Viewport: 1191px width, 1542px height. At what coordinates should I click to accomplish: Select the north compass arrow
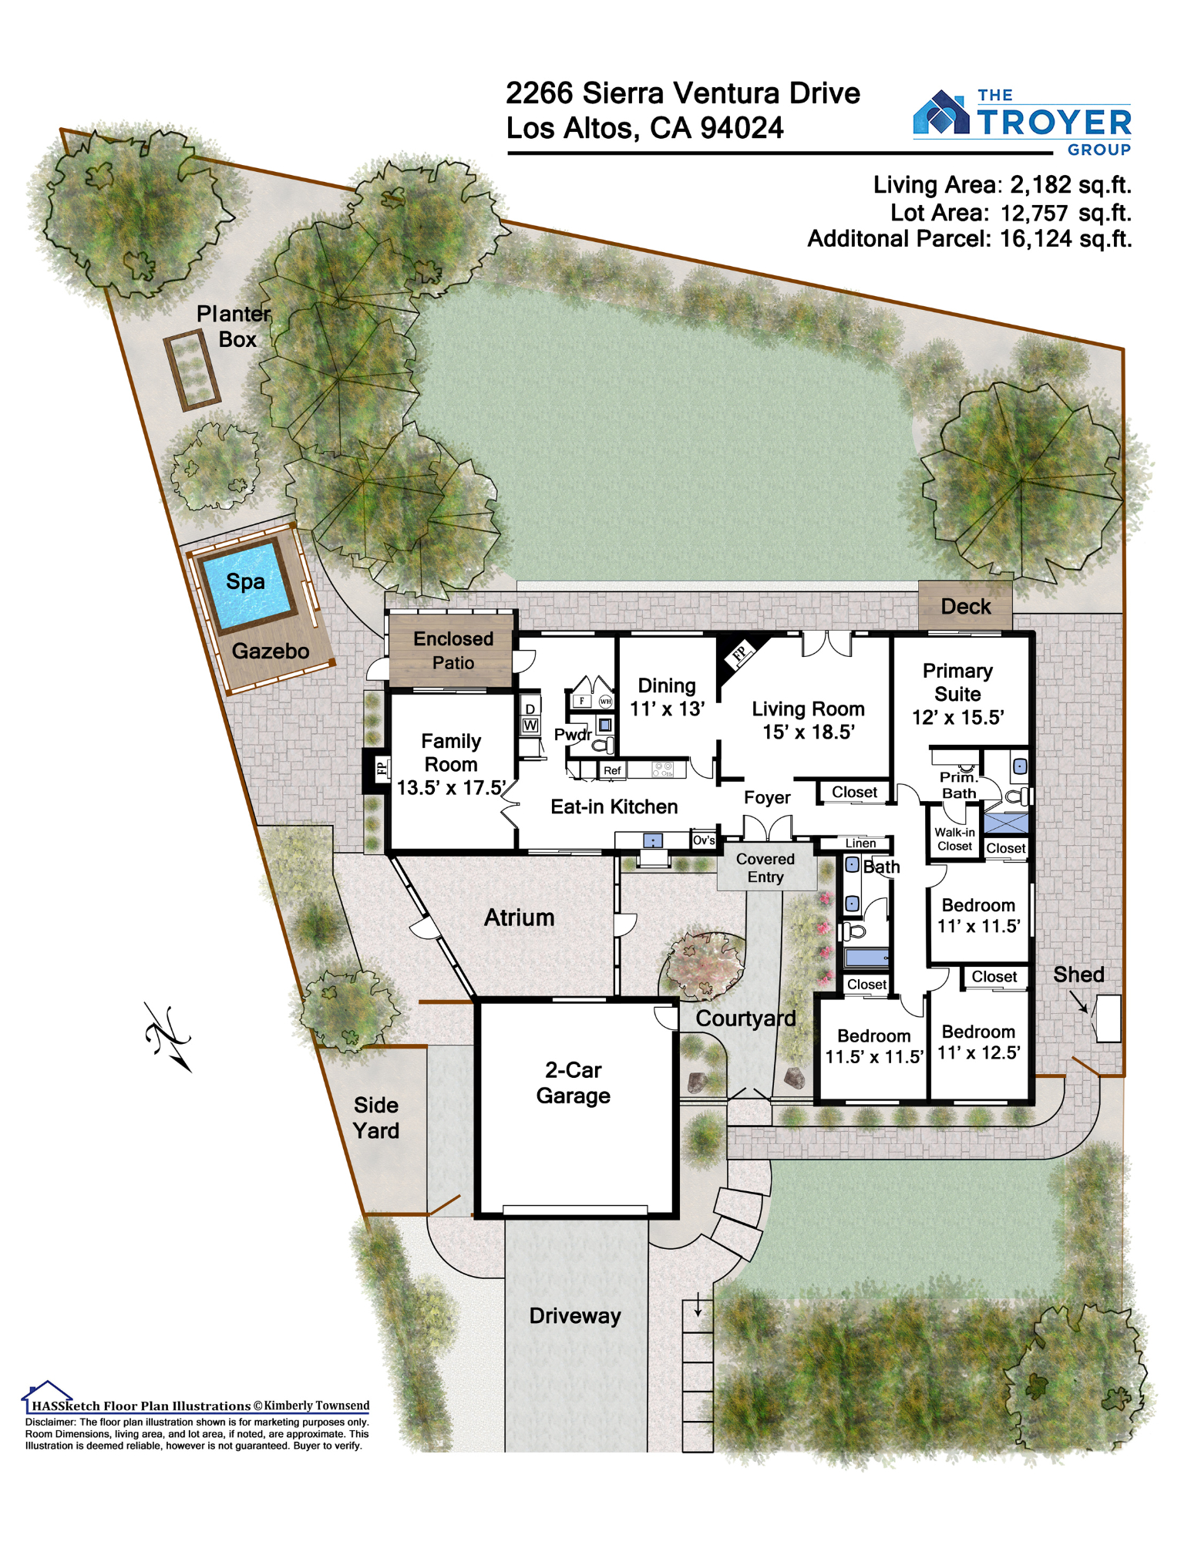(168, 1037)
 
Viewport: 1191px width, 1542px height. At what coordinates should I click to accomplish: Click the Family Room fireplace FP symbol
(379, 769)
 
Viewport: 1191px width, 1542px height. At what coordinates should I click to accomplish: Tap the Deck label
(966, 607)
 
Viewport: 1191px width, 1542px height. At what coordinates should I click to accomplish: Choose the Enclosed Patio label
(453, 651)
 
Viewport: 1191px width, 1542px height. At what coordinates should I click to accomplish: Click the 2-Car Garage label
(574, 1082)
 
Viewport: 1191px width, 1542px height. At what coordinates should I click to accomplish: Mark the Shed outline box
(1109, 1018)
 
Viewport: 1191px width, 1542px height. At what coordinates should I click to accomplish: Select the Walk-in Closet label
(954, 839)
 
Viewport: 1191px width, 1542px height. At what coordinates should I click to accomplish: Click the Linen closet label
(860, 843)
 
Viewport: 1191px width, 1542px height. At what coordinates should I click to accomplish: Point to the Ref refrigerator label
(612, 770)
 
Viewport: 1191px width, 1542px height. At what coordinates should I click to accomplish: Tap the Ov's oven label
(704, 840)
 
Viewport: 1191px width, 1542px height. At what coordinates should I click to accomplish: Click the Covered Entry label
(765, 868)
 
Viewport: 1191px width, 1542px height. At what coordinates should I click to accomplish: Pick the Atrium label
(520, 917)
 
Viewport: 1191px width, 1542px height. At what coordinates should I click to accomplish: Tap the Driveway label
(575, 1316)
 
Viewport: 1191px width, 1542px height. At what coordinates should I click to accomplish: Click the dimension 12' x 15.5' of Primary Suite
(958, 718)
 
